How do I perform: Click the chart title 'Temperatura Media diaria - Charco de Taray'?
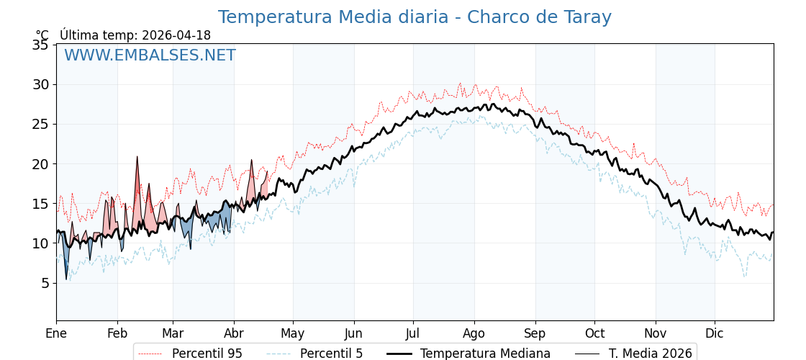pyautogui.click(x=415, y=17)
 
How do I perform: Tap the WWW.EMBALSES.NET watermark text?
pyautogui.click(x=150, y=55)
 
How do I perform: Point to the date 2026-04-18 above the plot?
pyautogui.click(x=176, y=35)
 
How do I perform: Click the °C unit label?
pyautogui.click(x=42, y=35)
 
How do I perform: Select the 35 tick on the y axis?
pyautogui.click(x=41, y=45)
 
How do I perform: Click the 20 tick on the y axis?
pyautogui.click(x=41, y=163)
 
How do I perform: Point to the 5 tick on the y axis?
pyautogui.click(x=45, y=283)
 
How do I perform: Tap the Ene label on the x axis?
pyautogui.click(x=56, y=333)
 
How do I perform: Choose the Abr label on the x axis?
pyautogui.click(x=234, y=333)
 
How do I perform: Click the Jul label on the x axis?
pyautogui.click(x=413, y=333)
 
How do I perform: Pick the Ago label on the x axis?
pyautogui.click(x=474, y=333)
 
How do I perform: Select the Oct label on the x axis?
pyautogui.click(x=594, y=333)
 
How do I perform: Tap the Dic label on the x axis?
pyautogui.click(x=715, y=333)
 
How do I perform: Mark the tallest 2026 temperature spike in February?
pyautogui.click(x=137, y=157)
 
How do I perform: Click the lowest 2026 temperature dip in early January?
pyautogui.click(x=66, y=279)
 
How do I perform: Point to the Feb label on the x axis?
pyautogui.click(x=117, y=333)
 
